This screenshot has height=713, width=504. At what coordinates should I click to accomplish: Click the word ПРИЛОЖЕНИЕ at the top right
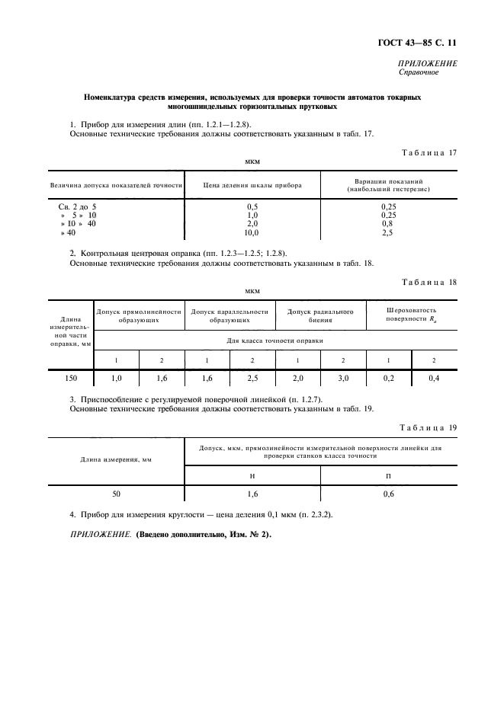pos(428,64)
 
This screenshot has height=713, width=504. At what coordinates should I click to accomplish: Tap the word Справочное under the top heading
pos(419,73)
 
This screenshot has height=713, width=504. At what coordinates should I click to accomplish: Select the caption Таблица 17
pos(428,152)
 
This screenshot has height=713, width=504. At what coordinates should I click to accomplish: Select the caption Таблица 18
pos(428,282)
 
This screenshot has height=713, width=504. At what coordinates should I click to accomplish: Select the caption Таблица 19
pos(428,427)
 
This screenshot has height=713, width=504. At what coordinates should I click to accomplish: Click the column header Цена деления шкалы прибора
pos(252,185)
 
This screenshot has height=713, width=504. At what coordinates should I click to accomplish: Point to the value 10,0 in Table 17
pos(252,232)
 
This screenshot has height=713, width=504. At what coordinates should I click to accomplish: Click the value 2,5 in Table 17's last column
pos(387,232)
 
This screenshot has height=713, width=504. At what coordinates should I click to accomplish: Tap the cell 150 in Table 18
pos(71,377)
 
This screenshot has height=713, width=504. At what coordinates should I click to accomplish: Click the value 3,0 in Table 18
pos(343,377)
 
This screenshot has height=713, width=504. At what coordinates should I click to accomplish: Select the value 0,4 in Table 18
pos(434,377)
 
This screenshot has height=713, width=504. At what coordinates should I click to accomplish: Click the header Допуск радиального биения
pos(320,316)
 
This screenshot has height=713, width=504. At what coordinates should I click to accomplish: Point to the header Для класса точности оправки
pos(275,340)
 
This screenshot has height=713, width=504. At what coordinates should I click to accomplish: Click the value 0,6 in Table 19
pos(388,494)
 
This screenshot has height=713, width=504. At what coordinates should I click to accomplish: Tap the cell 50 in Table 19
pos(116,494)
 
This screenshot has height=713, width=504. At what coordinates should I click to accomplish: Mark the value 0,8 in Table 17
pos(387,223)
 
